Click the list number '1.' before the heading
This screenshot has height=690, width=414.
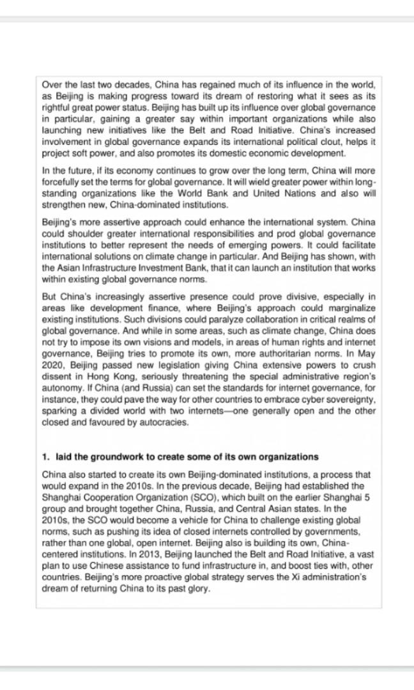(46, 457)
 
